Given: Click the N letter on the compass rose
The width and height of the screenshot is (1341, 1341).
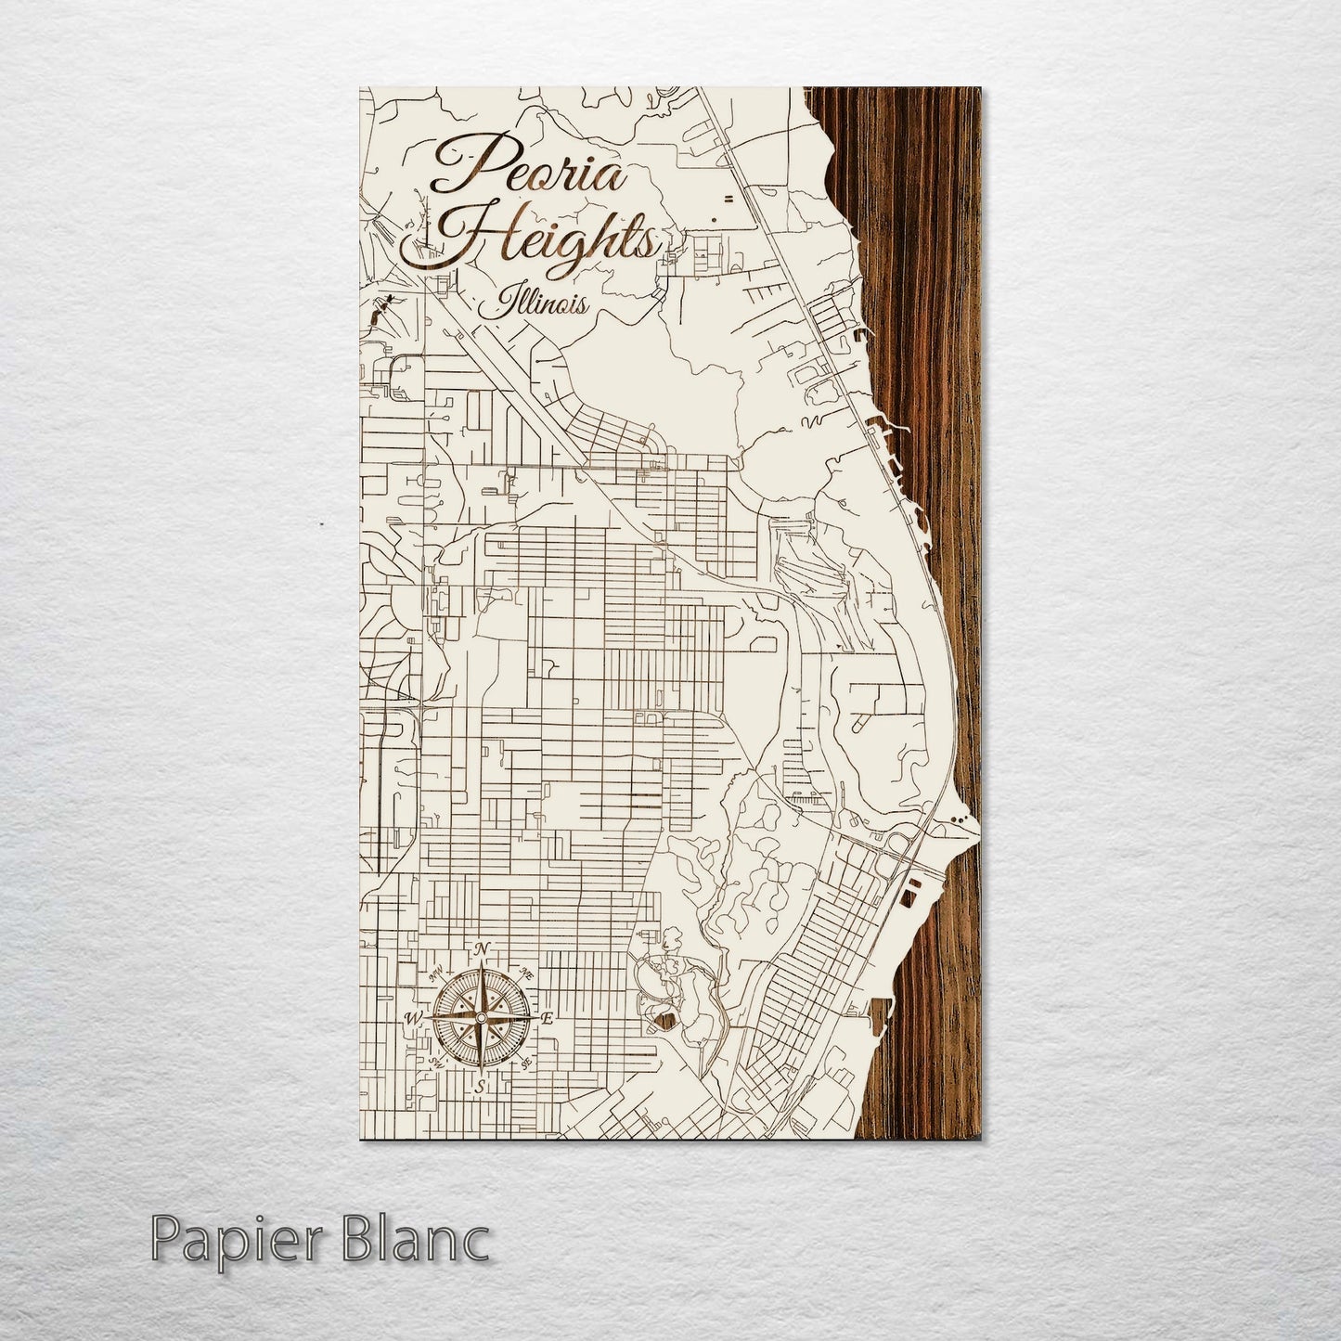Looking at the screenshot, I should (481, 948).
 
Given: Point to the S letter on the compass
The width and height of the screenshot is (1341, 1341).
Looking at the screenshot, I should (480, 1087).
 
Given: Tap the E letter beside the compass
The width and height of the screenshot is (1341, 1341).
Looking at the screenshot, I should (548, 1018).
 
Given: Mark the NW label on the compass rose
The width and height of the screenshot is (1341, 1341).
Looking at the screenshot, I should (433, 974).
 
